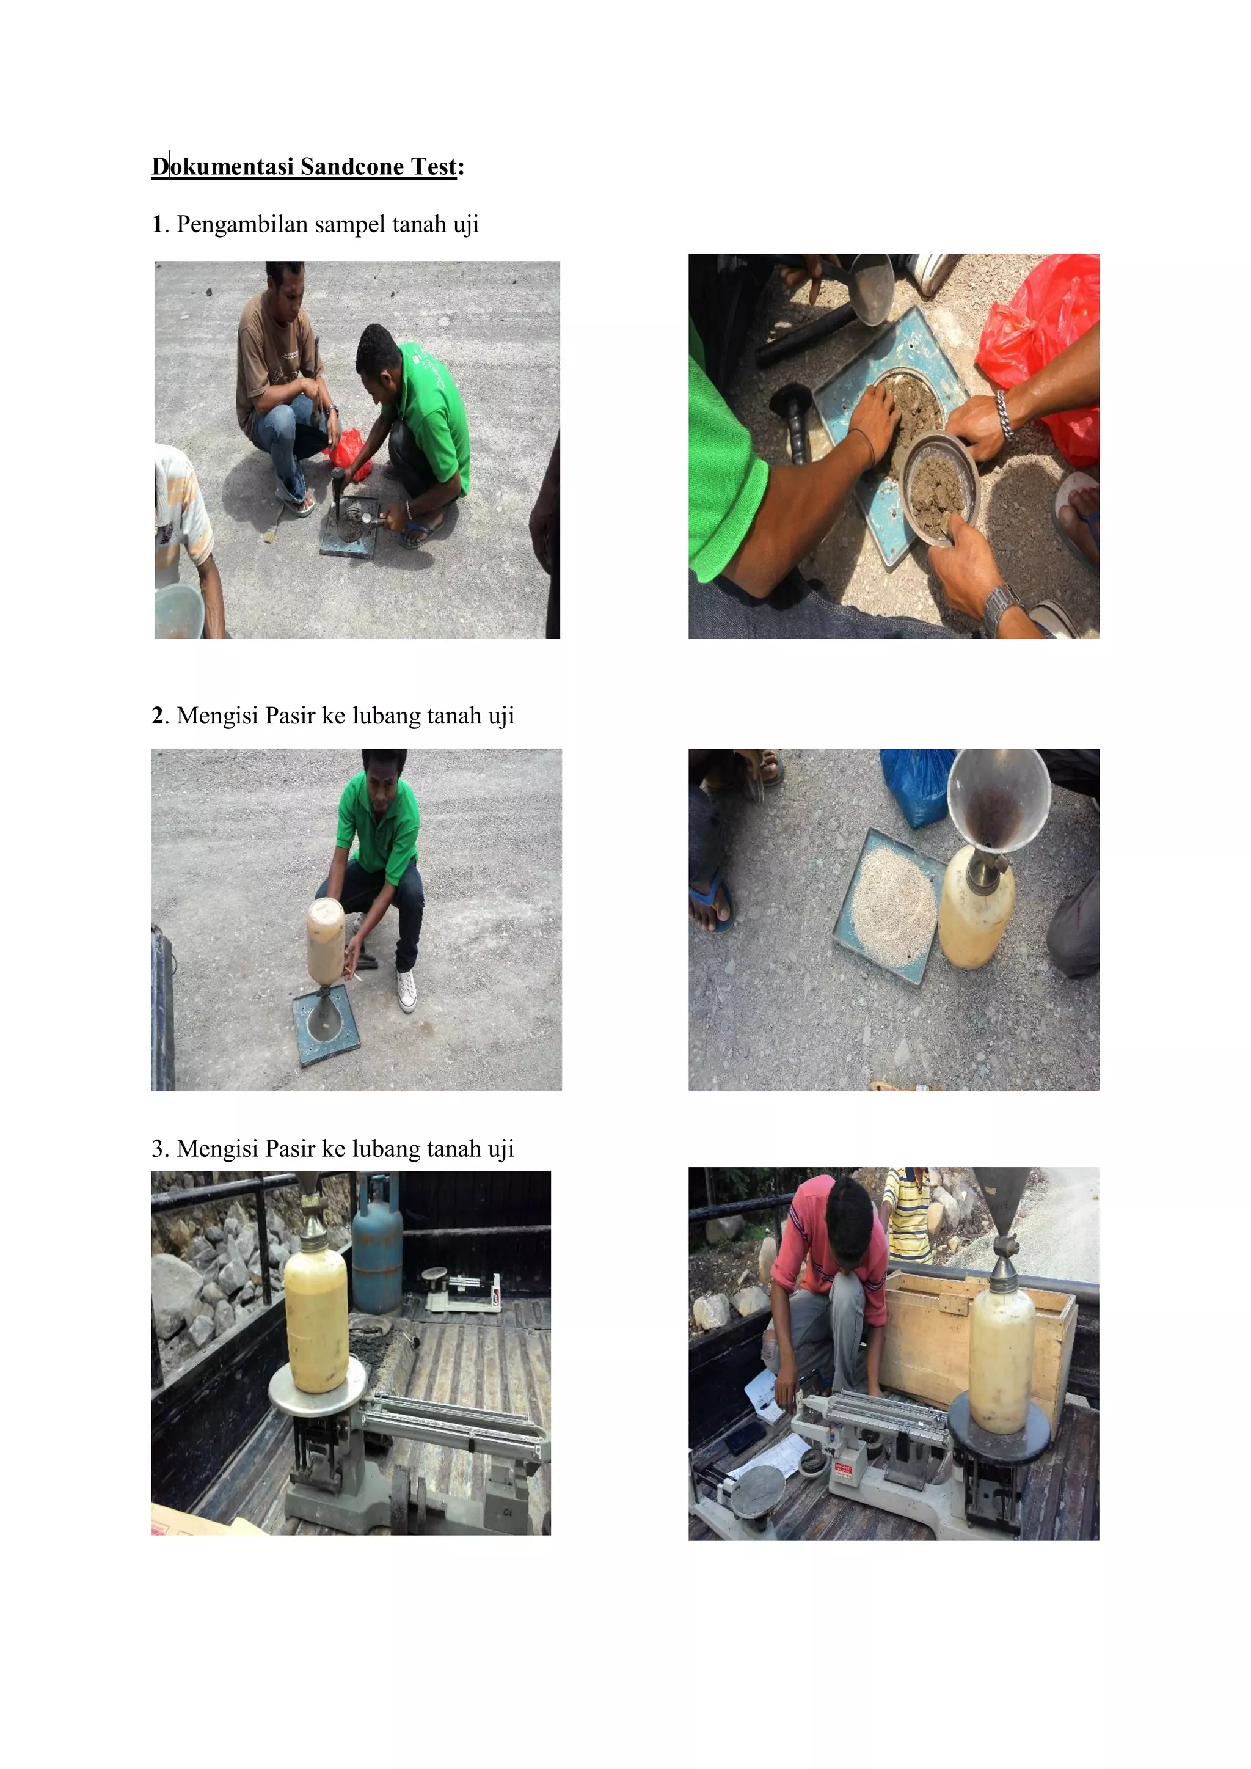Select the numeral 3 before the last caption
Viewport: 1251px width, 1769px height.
(x=158, y=1149)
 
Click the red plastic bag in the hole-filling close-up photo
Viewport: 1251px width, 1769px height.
(x=1040, y=339)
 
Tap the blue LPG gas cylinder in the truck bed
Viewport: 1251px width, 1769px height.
(x=377, y=1248)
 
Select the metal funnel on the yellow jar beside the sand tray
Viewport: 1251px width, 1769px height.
(x=998, y=801)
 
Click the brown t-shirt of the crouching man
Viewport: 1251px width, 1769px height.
(x=269, y=354)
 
